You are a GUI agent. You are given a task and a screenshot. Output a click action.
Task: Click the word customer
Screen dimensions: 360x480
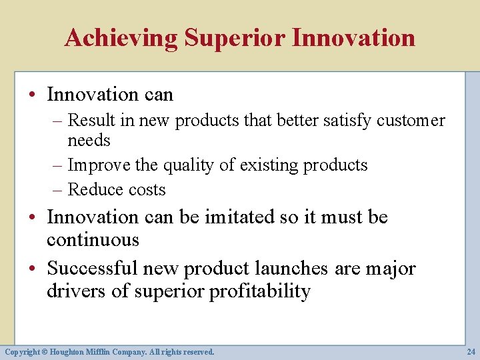410,121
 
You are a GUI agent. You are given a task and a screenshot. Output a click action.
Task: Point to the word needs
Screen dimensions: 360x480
89,141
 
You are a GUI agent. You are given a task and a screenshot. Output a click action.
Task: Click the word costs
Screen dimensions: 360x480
147,190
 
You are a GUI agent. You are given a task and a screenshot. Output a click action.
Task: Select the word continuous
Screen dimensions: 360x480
93,240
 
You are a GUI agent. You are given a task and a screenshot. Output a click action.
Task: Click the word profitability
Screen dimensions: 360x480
260,292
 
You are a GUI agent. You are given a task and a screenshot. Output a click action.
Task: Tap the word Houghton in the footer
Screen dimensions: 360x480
67,351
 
